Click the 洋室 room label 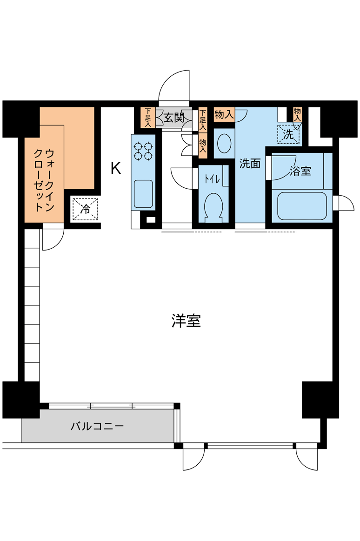click(x=186, y=321)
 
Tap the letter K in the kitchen click(x=116, y=168)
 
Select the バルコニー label click(x=97, y=427)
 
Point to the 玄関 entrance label click(x=174, y=118)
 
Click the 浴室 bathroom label click(x=300, y=171)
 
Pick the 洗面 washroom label click(x=250, y=164)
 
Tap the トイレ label click(x=212, y=179)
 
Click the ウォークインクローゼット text click(x=44, y=180)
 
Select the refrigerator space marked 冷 click(x=85, y=209)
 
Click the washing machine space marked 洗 click(x=288, y=134)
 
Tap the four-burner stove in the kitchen click(x=143, y=151)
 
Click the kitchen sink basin click(x=143, y=194)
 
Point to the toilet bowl click(x=213, y=206)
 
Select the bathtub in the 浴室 click(x=302, y=206)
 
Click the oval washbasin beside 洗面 click(x=224, y=143)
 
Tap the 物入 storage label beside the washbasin click(x=224, y=114)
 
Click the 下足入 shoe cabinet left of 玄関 click(x=148, y=117)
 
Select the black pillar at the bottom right click(x=316, y=400)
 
